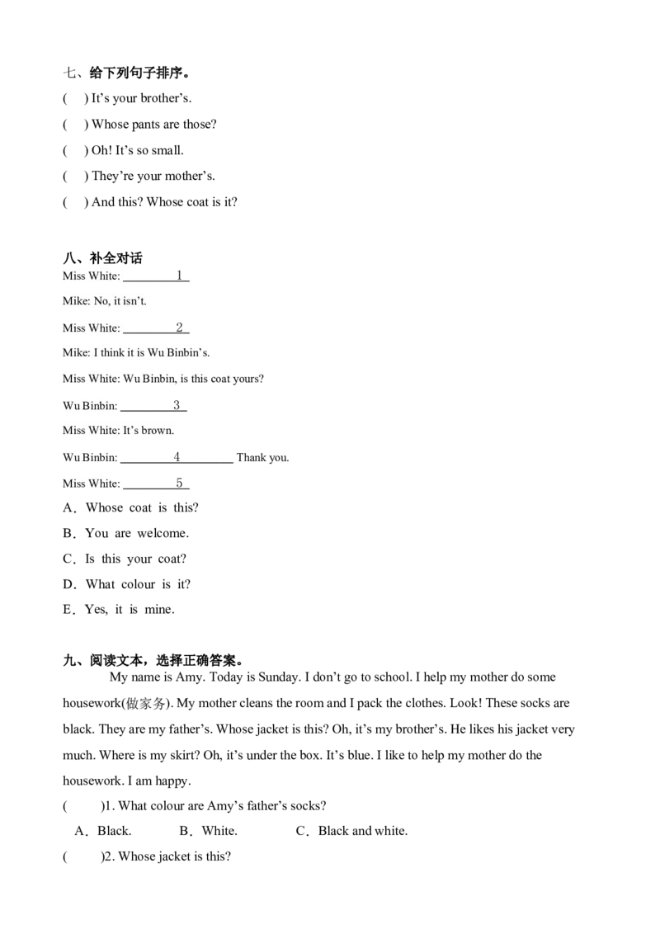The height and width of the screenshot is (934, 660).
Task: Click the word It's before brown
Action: pyautogui.click(x=131, y=431)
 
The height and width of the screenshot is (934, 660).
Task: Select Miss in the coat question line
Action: pyautogui.click(x=73, y=380)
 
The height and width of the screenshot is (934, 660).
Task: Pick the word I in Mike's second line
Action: pyautogui.click(x=95, y=354)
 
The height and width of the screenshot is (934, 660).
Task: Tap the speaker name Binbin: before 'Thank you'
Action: pyautogui.click(x=101, y=457)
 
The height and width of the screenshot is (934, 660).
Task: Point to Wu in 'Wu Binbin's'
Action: pyautogui.click(x=156, y=354)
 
